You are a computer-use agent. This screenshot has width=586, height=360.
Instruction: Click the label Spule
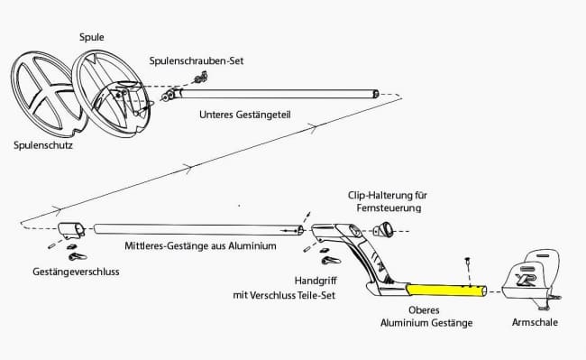[x=92, y=37]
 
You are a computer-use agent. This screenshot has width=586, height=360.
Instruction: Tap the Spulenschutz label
[x=43, y=145]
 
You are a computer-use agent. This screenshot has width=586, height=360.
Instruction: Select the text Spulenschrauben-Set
[x=197, y=61]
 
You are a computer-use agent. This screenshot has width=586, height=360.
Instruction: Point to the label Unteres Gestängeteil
[x=245, y=115]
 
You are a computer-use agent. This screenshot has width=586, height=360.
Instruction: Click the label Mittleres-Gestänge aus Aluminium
[x=200, y=246]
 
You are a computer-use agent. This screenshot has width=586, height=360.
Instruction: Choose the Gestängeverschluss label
[x=76, y=272]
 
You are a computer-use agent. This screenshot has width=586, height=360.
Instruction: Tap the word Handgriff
[x=316, y=281]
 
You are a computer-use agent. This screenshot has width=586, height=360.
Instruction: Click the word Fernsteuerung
[x=389, y=208]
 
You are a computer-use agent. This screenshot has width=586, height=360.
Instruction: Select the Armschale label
[x=535, y=322]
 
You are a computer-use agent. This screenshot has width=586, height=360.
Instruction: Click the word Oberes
[x=424, y=309]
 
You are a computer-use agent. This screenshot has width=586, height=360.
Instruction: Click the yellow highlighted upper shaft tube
[x=446, y=291]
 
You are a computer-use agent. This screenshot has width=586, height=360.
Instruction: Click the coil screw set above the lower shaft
[x=200, y=78]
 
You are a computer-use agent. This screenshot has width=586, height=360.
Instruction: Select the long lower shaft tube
[x=279, y=94]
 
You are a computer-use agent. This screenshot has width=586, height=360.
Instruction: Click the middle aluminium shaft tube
[x=198, y=229]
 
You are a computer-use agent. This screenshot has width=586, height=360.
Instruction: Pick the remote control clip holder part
[x=382, y=229]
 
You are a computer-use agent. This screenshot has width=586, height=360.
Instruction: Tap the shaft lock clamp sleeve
[x=71, y=230]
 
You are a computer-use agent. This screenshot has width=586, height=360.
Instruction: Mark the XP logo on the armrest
[x=526, y=279]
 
